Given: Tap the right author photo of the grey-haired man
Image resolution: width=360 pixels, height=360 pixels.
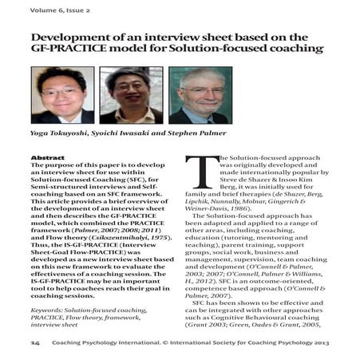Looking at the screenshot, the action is click(200, 94).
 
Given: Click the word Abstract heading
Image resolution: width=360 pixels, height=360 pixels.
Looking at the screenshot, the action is click(47, 157).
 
